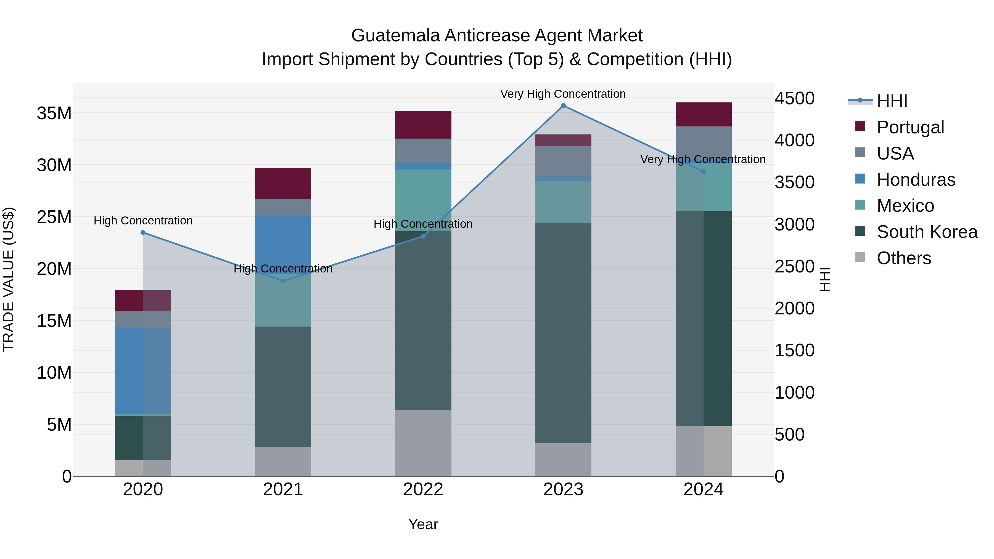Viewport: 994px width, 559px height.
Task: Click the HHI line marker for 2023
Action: coord(563,106)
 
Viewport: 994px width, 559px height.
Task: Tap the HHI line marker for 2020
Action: coord(143,233)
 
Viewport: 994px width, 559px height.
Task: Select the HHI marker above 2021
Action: coord(283,281)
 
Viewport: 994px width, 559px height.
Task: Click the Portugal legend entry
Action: coord(910,127)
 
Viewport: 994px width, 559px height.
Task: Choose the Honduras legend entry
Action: coord(916,180)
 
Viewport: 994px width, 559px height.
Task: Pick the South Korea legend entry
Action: coord(927,232)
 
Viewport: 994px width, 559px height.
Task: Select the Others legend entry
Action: coord(903,258)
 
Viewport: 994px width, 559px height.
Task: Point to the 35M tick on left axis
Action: coord(54,113)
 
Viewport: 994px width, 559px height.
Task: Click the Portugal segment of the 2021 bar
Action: coord(283,184)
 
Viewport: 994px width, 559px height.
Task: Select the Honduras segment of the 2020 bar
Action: coord(143,370)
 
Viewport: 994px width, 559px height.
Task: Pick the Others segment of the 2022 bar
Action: coord(423,443)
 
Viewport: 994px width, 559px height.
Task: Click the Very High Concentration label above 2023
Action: coord(563,94)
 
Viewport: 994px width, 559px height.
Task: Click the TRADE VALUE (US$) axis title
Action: coord(9,279)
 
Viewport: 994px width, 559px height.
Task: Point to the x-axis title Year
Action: coord(423,524)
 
